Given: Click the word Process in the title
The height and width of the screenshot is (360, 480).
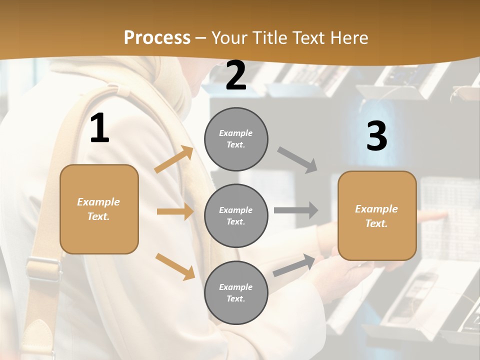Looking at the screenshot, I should click(x=157, y=38).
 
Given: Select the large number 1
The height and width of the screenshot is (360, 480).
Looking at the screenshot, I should click(x=99, y=128).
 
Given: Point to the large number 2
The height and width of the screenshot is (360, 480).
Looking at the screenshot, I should click(x=236, y=76).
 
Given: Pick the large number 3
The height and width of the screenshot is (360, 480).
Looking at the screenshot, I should click(x=376, y=136).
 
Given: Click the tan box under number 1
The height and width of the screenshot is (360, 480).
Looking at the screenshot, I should click(x=99, y=209).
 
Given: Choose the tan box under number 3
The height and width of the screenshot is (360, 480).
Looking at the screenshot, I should click(x=377, y=215).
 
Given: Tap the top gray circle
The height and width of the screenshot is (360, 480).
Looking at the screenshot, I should click(x=236, y=139).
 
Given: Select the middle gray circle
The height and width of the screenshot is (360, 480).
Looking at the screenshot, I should click(x=236, y=215).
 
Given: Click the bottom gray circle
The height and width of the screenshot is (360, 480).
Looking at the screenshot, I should click(x=236, y=292).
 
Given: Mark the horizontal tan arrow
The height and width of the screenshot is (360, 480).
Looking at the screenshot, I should click(x=175, y=211).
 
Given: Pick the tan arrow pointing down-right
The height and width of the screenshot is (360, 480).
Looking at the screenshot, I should click(x=175, y=266).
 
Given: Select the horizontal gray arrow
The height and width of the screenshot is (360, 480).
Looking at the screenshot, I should click(x=296, y=210).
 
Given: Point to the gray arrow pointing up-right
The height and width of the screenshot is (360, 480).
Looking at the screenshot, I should click(x=294, y=265).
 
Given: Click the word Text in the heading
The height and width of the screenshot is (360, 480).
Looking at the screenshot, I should click(x=308, y=38).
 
